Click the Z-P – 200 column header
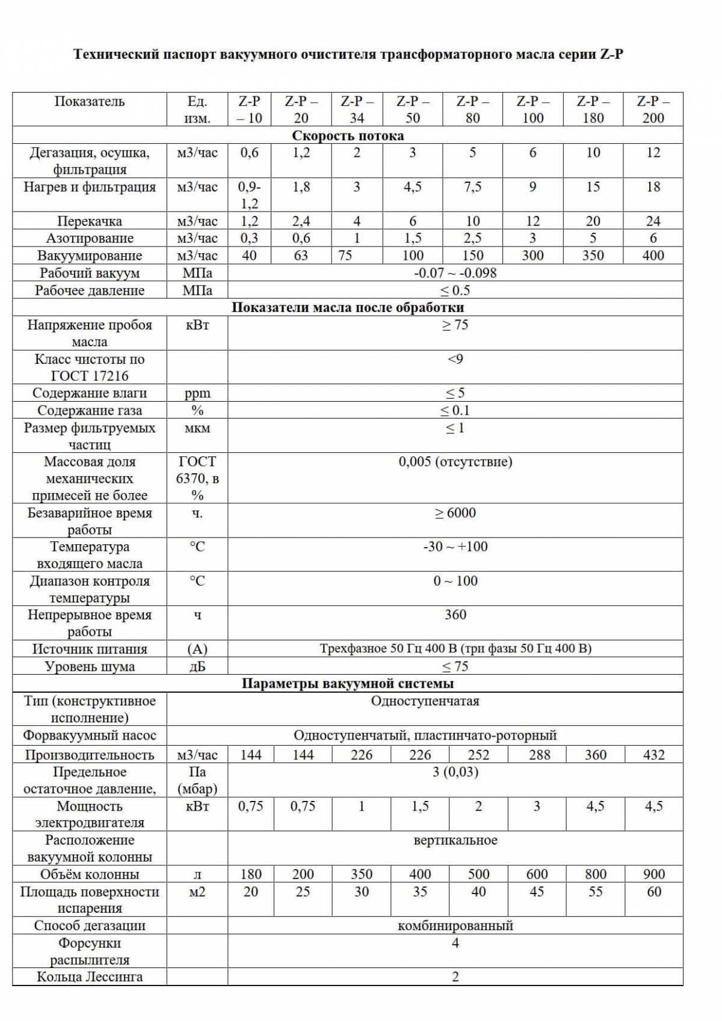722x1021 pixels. click(x=653, y=109)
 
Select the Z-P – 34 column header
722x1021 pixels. click(x=357, y=109)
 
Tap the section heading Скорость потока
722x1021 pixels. click(x=348, y=135)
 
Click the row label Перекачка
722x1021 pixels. click(x=89, y=221)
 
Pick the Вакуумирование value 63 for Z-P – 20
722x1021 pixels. click(x=301, y=256)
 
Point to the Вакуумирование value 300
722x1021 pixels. click(x=532, y=256)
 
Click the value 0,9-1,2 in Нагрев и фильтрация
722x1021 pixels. click(x=249, y=195)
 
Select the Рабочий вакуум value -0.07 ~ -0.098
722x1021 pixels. click(x=455, y=273)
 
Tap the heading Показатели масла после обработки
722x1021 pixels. click(x=348, y=307)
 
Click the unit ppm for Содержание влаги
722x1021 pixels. click(x=197, y=393)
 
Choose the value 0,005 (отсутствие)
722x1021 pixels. click(x=455, y=462)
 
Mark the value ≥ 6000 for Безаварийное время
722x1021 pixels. click(x=455, y=513)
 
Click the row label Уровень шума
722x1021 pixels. click(x=89, y=666)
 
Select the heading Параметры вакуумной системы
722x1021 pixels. click(x=348, y=684)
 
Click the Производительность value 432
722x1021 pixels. click(x=654, y=755)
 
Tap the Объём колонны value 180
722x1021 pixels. click(x=251, y=874)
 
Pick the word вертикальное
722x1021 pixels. click(x=455, y=840)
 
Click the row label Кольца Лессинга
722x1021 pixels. click(x=89, y=977)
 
